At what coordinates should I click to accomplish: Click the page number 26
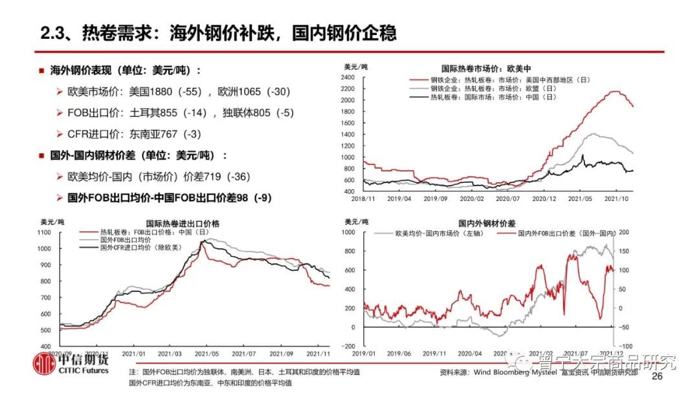[658, 376]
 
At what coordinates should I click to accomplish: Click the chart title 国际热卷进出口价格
[183, 223]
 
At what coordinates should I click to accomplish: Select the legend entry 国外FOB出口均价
[126, 239]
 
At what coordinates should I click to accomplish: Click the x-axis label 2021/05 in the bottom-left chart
[210, 354]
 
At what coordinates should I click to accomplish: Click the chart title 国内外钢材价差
[487, 222]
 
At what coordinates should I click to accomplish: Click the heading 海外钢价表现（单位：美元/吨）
[126, 70]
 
